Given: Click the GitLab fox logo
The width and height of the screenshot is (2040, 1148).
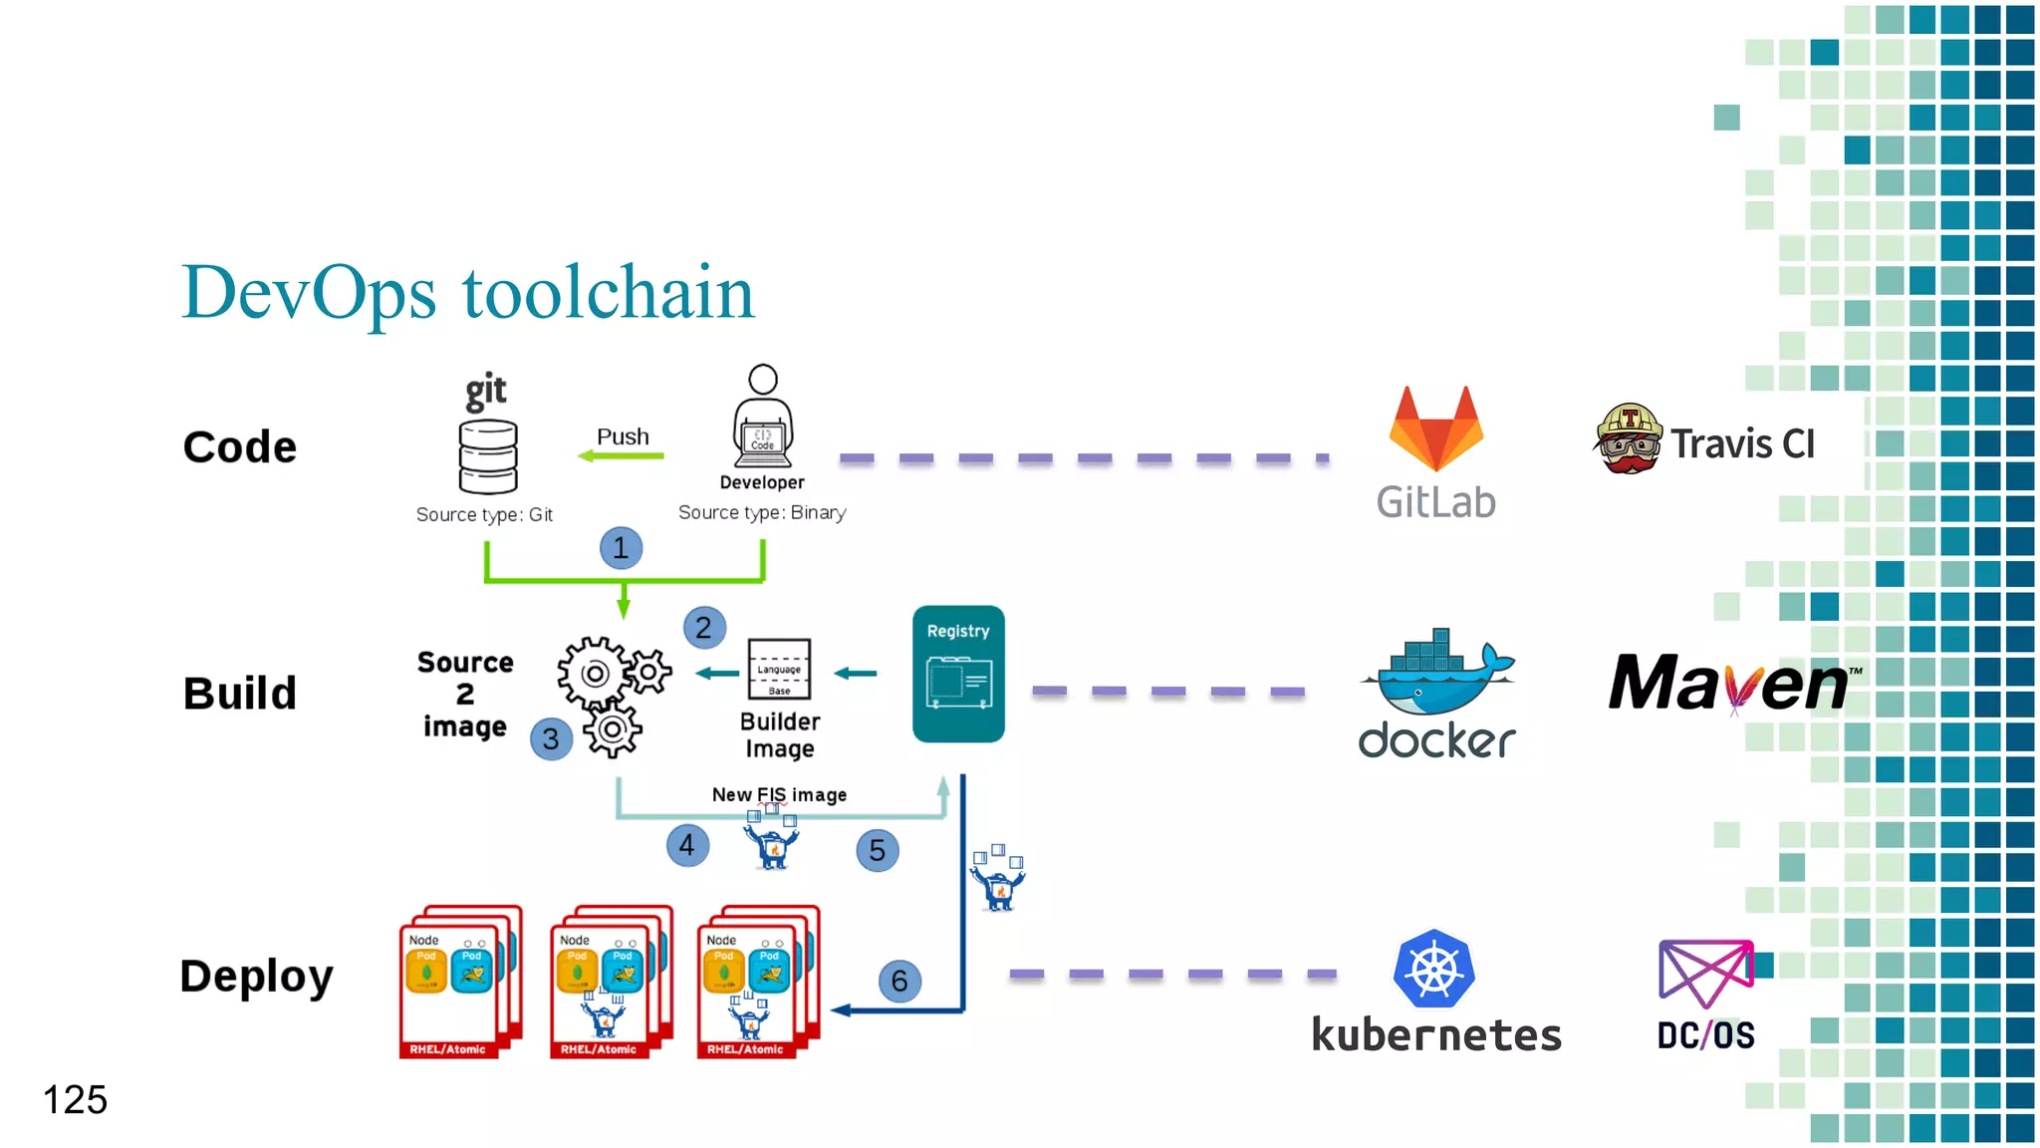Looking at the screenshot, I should pyautogui.click(x=1435, y=430).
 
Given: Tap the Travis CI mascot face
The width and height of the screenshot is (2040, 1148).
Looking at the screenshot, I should pyautogui.click(x=1628, y=439).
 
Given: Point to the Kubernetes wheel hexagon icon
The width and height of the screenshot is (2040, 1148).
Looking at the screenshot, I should pyautogui.click(x=1433, y=969).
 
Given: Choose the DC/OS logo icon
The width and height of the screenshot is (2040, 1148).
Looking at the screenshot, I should pyautogui.click(x=1705, y=973).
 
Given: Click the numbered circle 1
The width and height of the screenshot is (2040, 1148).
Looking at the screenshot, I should pyautogui.click(x=621, y=548).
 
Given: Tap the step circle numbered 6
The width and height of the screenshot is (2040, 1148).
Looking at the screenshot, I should pyautogui.click(x=899, y=982).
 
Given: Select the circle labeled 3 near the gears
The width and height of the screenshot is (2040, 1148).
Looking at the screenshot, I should pyautogui.click(x=551, y=739).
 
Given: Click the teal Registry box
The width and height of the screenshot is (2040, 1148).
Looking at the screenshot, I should pyautogui.click(x=958, y=674).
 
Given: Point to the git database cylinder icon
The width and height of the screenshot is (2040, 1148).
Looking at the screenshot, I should pyautogui.click(x=487, y=456).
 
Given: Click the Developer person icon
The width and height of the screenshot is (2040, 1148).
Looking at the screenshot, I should pyautogui.click(x=763, y=417).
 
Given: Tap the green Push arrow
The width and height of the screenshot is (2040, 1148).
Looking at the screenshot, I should pyautogui.click(x=622, y=456).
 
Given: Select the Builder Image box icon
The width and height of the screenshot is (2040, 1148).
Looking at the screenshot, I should pyautogui.click(x=779, y=669).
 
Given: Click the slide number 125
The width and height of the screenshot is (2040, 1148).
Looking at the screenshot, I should pyautogui.click(x=75, y=1100).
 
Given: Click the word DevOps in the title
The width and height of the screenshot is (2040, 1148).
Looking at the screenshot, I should pyautogui.click(x=309, y=293).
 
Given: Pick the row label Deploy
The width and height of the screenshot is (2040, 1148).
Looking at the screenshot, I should pyautogui.click(x=256, y=977).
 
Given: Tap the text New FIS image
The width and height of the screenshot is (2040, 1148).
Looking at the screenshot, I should pyautogui.click(x=779, y=794).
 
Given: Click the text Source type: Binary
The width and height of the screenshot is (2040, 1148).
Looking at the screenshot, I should pyautogui.click(x=762, y=512).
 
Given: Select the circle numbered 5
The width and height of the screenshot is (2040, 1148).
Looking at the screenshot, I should pyautogui.click(x=877, y=850).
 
